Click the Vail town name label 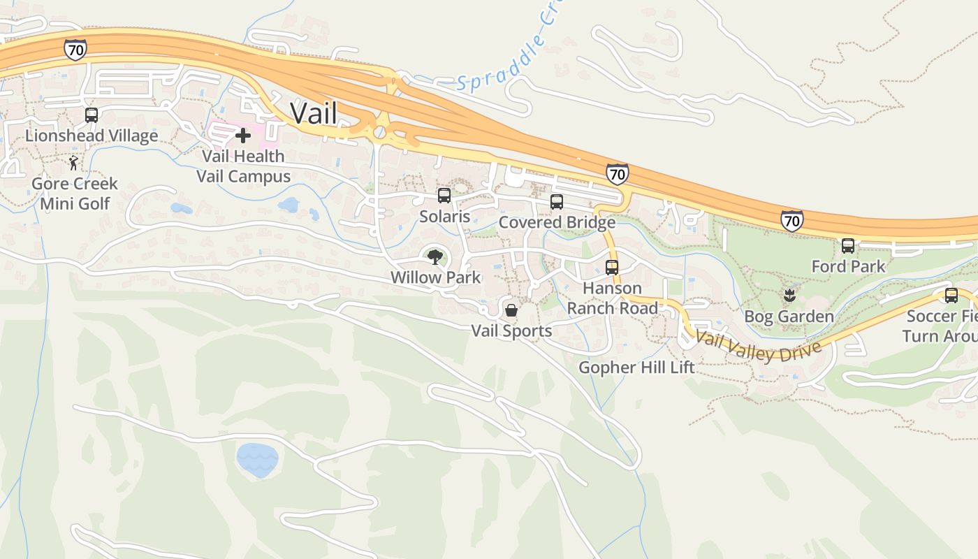(313, 113)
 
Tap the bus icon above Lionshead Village (92, 115)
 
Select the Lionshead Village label (92, 136)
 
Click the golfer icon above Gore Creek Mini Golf (73, 164)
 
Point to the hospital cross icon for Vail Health (243, 135)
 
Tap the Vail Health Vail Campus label (243, 166)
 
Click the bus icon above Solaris (444, 196)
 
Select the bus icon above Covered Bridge (557, 202)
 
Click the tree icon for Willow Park (435, 256)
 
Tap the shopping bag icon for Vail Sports (511, 310)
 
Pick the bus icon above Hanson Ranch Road (612, 267)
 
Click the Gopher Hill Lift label (636, 367)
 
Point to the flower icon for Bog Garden (789, 295)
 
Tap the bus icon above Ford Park (848, 245)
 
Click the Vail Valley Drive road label (758, 347)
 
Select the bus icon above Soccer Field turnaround (951, 295)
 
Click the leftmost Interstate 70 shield (75, 49)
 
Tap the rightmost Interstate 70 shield (791, 221)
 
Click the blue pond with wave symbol (257, 460)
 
